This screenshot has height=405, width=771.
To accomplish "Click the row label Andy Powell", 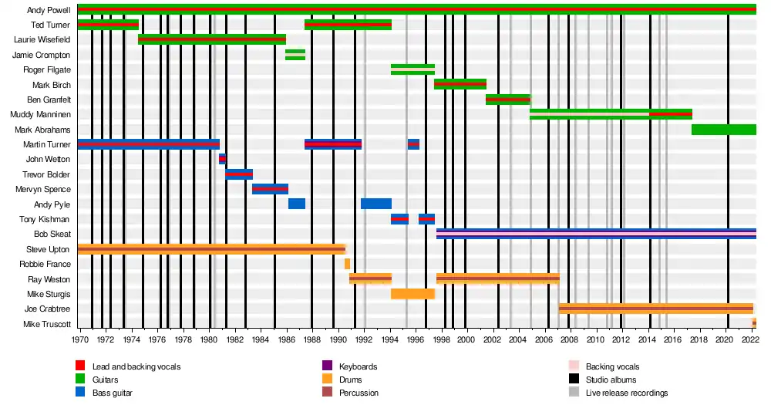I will point(49,11).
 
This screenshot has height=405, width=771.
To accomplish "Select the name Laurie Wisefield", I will point(42,40).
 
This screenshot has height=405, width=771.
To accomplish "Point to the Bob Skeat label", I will point(52,234).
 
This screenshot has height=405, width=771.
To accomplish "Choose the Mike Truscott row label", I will point(47,324).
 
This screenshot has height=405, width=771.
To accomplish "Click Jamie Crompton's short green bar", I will point(295,55).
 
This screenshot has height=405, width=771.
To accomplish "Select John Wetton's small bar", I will point(222,159).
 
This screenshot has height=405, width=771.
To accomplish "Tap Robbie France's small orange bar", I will point(347,264).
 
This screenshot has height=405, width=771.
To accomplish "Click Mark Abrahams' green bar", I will point(723,130).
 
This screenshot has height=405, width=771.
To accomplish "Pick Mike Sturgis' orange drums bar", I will point(412,294).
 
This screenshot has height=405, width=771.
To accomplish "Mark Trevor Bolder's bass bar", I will point(239,174).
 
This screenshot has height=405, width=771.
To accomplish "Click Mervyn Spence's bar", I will point(270,189).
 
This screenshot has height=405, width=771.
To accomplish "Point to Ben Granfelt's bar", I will point(508,100).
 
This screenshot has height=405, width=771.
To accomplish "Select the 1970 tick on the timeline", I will point(79,339).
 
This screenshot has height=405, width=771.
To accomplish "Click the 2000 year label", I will point(466,339).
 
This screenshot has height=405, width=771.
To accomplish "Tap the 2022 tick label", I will point(749,339).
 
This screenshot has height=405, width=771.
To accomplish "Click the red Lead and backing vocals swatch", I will point(80,366).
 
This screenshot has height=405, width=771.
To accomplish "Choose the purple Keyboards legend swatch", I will point(327,366).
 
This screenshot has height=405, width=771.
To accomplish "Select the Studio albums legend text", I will point(612,380).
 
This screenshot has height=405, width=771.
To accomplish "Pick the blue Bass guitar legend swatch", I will point(80,393).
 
